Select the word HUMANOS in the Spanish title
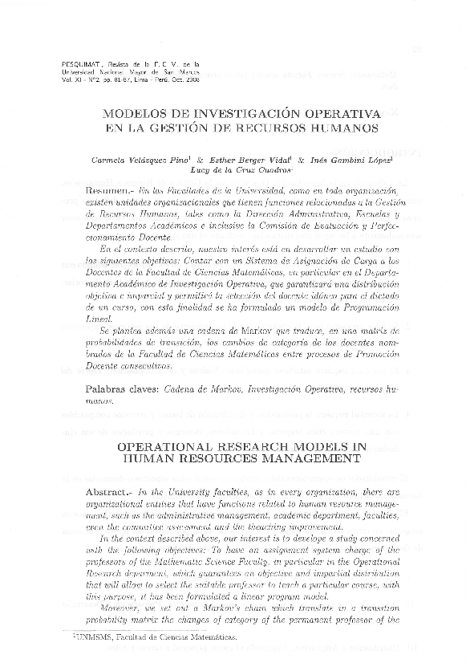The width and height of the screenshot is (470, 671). point(336,128)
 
